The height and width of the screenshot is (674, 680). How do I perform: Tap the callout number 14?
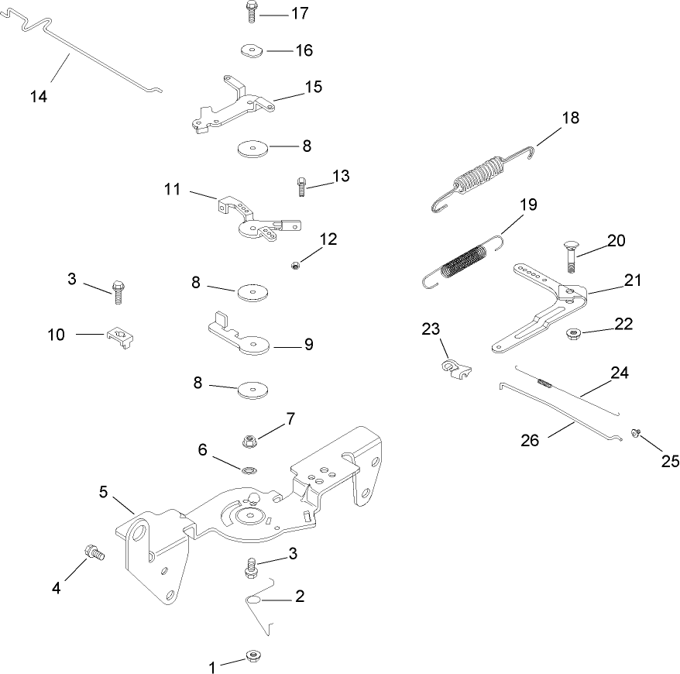click(39, 96)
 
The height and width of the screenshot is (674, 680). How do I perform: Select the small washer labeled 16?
click(251, 51)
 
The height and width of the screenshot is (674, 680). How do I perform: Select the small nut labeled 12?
click(295, 266)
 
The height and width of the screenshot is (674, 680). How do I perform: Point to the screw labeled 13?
click(301, 185)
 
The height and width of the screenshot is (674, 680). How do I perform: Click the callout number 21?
click(634, 280)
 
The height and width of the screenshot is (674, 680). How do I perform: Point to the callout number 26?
click(529, 440)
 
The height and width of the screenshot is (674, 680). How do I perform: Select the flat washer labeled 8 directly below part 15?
click(252, 147)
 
